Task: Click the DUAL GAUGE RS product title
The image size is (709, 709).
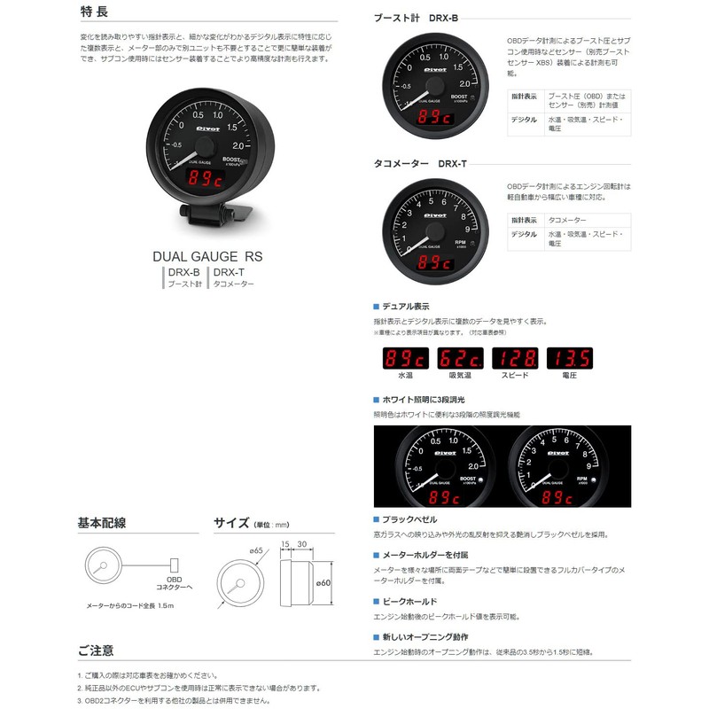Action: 208,255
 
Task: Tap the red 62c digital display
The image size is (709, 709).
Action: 460,359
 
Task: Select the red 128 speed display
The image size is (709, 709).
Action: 516,359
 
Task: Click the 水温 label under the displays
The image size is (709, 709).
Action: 404,377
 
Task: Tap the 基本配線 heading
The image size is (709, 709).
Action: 103,523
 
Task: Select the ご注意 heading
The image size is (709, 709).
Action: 95,651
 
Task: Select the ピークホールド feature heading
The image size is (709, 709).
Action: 409,601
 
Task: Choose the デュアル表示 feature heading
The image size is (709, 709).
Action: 406,306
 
